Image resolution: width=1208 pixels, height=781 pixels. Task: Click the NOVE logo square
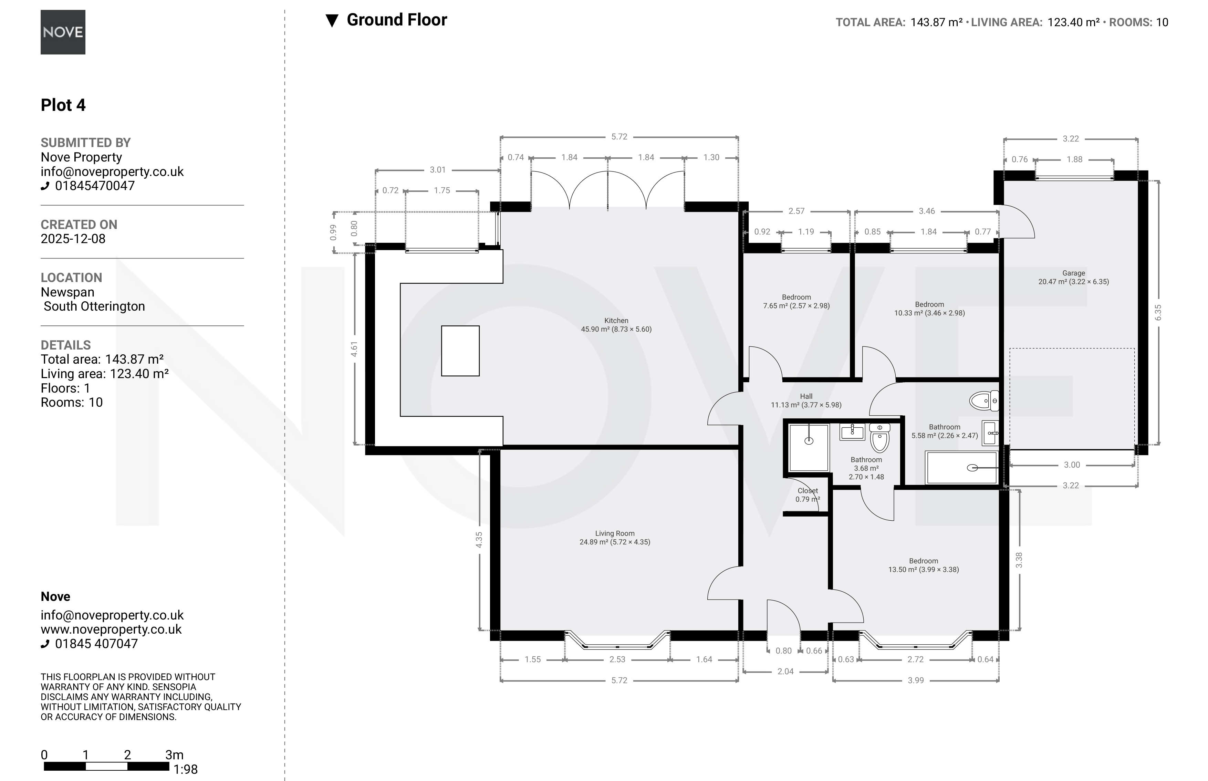(x=63, y=32)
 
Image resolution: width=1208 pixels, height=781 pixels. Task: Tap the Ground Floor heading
(x=397, y=20)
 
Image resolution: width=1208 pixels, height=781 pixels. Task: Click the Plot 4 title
(x=63, y=105)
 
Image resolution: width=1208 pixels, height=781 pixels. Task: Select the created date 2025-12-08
(x=73, y=239)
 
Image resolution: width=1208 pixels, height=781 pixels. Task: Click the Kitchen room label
(x=616, y=321)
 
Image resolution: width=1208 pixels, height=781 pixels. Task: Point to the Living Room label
(x=615, y=533)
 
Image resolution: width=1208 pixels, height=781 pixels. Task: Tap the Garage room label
(x=1074, y=273)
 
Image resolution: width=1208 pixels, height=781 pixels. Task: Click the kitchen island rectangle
(x=460, y=351)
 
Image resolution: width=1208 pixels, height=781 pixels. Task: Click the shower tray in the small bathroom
(x=809, y=448)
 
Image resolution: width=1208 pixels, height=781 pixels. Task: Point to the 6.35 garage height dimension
(x=1158, y=312)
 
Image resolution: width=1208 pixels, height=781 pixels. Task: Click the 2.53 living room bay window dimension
(x=617, y=659)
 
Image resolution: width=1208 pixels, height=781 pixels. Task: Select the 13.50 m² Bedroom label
(x=924, y=565)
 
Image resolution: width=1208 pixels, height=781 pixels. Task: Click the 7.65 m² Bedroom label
(x=796, y=301)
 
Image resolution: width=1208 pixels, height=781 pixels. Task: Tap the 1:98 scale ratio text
(x=186, y=769)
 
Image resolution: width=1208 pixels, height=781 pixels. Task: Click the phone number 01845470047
(x=95, y=186)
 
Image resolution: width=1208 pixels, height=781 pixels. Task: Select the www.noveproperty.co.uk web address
(x=111, y=629)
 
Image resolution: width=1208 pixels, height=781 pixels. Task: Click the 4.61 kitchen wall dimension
(x=354, y=349)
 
